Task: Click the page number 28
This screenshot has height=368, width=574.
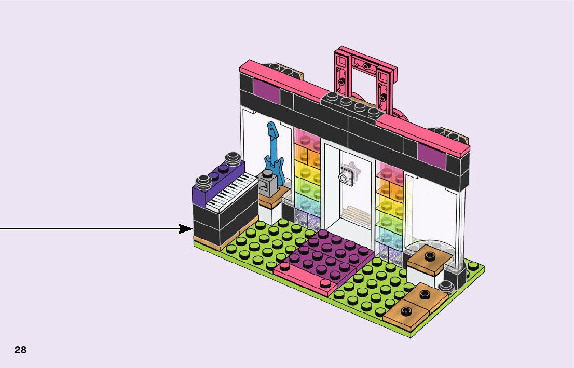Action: tap(20, 350)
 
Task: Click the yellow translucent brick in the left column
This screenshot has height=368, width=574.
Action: tap(308, 171)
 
